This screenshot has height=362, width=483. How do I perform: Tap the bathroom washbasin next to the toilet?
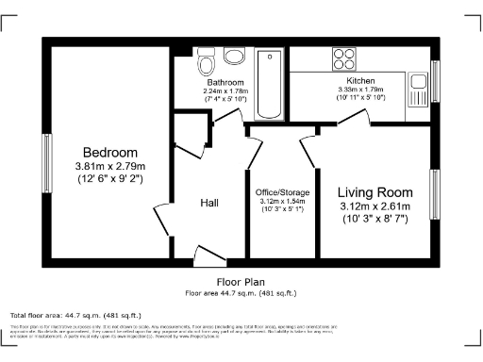pyautogui.click(x=232, y=58)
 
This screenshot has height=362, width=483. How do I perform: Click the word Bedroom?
pyautogui.click(x=109, y=153)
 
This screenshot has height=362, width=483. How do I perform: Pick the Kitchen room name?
pyautogui.click(x=350, y=81)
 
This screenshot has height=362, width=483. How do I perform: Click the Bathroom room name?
pyautogui.click(x=225, y=82)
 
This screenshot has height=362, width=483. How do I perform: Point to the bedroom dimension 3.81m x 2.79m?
pyautogui.click(x=109, y=167)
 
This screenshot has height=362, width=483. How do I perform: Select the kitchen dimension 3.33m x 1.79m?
pyautogui.click(x=350, y=90)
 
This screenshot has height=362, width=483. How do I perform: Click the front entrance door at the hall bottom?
pyautogui.click(x=207, y=253)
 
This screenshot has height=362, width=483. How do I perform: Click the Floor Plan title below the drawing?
pyautogui.click(x=241, y=282)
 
